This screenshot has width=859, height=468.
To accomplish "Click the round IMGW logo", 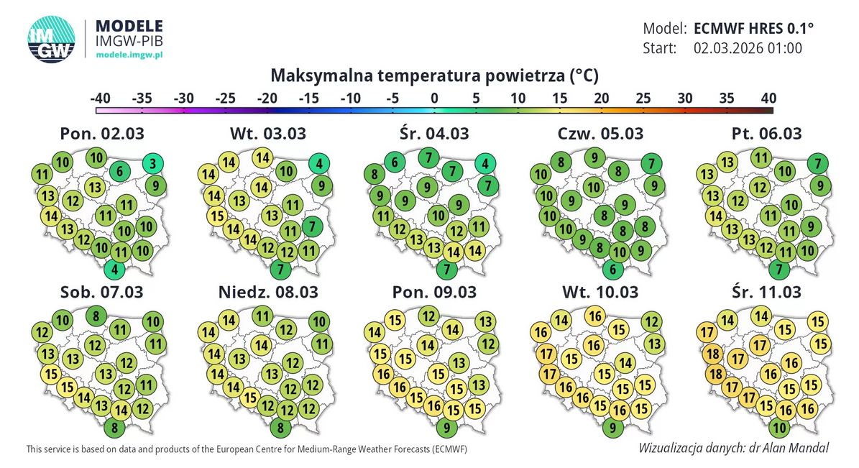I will [51, 39].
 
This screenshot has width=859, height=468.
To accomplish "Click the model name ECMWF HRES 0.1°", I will [754, 29].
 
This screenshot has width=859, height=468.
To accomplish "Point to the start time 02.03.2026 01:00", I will [748, 48].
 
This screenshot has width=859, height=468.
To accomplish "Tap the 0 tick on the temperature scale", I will [434, 98].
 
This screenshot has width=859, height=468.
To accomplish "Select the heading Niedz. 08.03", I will [267, 293].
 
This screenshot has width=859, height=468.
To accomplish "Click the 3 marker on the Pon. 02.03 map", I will [152, 162].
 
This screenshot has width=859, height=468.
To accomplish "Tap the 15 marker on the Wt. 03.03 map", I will [216, 215].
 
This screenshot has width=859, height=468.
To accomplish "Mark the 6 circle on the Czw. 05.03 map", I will [612, 270].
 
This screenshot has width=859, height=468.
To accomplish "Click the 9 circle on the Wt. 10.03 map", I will [612, 428].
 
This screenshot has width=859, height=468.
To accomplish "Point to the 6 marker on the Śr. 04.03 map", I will [395, 162].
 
